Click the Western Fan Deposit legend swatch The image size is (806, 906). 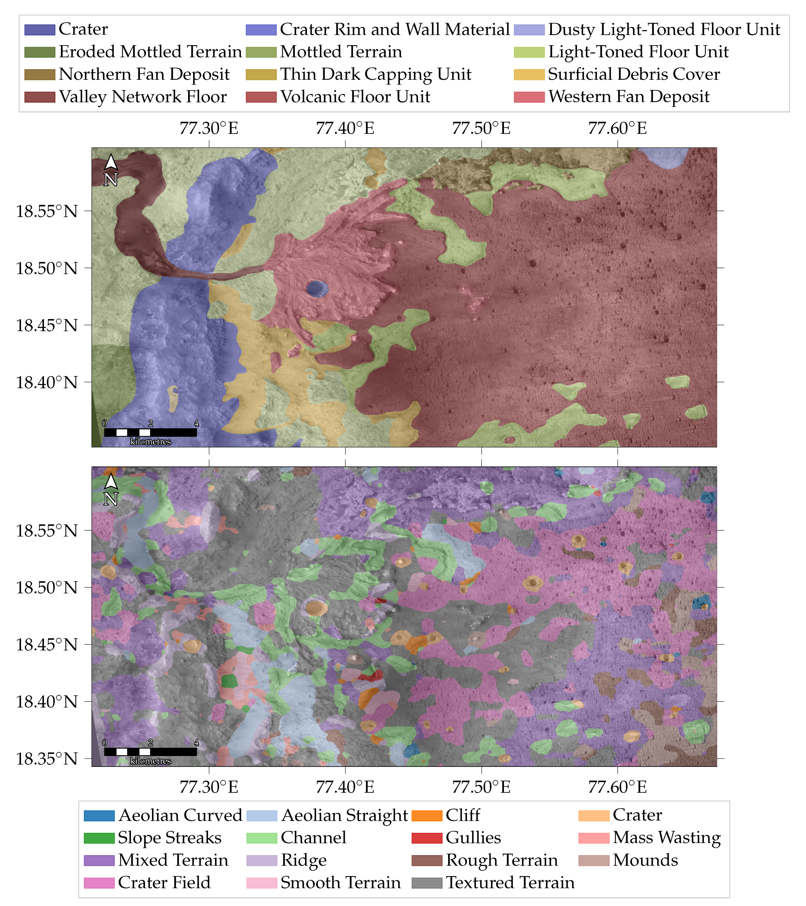click(529, 97)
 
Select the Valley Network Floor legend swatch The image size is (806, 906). click(39, 97)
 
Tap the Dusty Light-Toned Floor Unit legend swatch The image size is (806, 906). click(529, 30)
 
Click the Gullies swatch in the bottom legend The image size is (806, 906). click(427, 838)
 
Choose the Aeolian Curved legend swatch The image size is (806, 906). click(99, 815)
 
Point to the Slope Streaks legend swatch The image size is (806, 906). click(99, 838)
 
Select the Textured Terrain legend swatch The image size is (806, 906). click(427, 882)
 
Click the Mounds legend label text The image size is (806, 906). click(645, 860)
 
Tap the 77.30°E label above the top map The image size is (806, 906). click(209, 128)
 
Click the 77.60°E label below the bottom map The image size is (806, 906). click(617, 787)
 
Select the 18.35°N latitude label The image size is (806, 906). click(47, 758)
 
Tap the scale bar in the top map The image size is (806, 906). click(150, 432)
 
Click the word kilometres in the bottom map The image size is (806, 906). click(150, 761)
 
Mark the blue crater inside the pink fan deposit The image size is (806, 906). click(317, 288)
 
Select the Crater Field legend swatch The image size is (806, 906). click(99, 882)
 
